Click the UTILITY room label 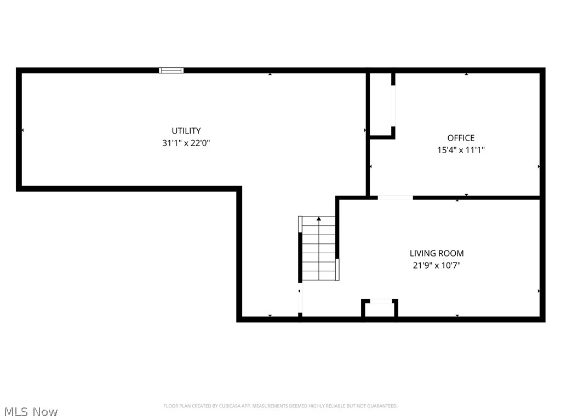click(186, 131)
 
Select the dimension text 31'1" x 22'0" click(186, 143)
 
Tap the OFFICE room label click(461, 138)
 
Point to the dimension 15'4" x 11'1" click(461, 150)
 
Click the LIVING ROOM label click(437, 253)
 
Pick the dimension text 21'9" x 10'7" click(437, 265)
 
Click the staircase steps click(318, 252)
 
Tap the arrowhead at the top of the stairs click(319, 219)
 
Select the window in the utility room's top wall click(171, 70)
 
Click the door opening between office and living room click(395, 197)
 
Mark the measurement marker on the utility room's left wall click(22, 130)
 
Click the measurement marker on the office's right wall click(539, 166)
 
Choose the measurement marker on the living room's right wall click(539, 291)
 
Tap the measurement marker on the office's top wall click(466, 74)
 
